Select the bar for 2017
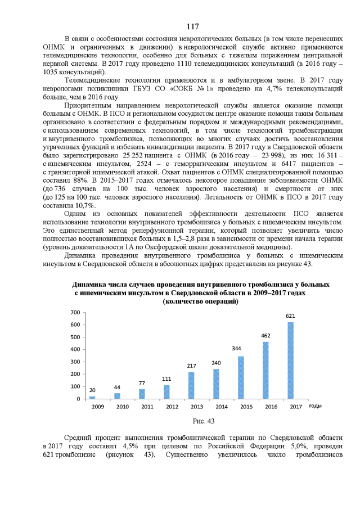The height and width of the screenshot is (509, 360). (290, 361)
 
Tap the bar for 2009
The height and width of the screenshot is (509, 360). (92, 397)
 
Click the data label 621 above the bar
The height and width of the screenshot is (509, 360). (290, 316)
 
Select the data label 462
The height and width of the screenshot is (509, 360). (265, 336)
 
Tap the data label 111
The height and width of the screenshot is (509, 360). (166, 379)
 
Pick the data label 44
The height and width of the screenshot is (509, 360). (117, 388)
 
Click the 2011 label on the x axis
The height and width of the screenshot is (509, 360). (147, 406)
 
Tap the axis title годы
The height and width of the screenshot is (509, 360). (315, 406)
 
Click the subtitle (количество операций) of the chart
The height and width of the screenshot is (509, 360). (200, 301)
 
